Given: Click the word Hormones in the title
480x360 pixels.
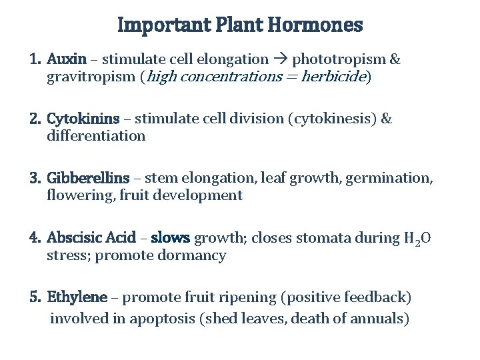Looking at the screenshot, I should [315, 25].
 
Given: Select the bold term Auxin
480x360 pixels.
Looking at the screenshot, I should [67, 59].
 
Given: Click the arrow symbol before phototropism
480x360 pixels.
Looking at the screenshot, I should [281, 59].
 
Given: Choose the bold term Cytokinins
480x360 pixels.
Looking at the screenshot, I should [83, 119].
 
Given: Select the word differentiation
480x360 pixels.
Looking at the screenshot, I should [96, 136].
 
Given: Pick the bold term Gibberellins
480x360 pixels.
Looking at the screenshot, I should [88, 178].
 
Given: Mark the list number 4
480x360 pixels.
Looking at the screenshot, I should [34, 237].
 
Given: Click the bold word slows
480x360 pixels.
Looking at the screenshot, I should [170, 237].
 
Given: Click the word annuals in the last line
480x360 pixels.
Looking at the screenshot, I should [378, 319].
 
